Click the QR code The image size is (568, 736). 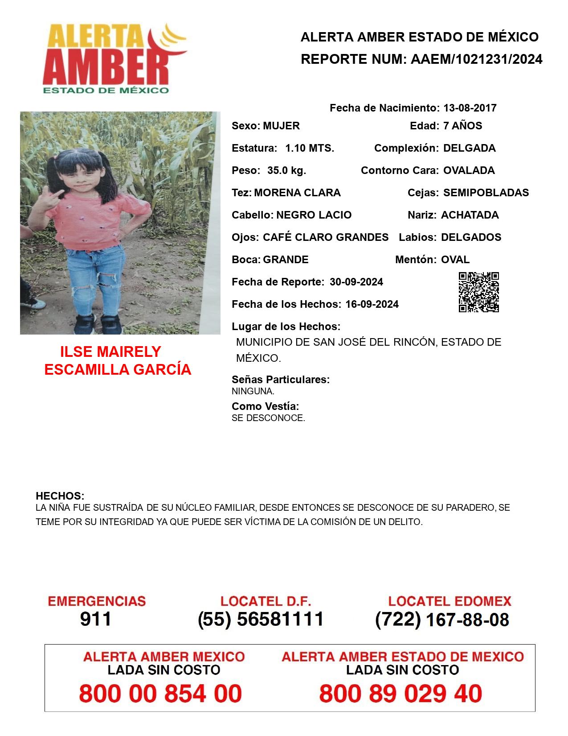(x=479, y=292)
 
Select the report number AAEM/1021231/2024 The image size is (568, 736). (x=476, y=59)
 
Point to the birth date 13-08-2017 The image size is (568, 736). (x=470, y=108)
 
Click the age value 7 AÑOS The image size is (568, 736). (x=462, y=126)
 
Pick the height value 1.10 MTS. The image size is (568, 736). (x=310, y=148)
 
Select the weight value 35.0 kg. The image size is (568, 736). (x=286, y=170)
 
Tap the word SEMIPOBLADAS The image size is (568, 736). (x=486, y=193)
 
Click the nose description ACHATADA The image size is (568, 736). (x=470, y=215)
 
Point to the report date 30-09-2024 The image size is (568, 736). (x=356, y=282)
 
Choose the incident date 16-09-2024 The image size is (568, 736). (x=372, y=304)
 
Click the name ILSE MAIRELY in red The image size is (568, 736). (x=110, y=351)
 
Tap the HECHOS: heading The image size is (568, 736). (x=60, y=496)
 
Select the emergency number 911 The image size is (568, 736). (x=95, y=619)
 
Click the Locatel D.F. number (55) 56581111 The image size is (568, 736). (x=261, y=619)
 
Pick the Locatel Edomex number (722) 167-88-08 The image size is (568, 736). (x=442, y=620)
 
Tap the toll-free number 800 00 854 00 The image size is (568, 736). (x=160, y=694)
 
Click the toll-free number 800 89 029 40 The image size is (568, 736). (x=400, y=694)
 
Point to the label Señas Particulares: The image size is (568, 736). (x=281, y=380)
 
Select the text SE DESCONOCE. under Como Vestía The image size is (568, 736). (x=268, y=418)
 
